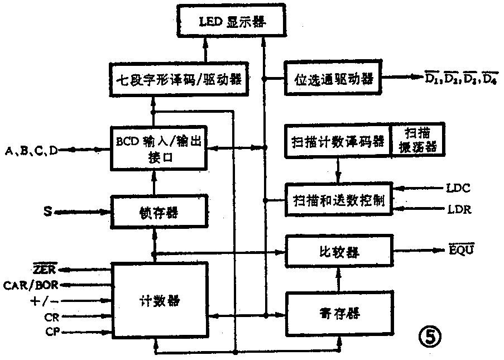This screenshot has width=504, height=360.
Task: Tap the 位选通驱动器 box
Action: [x=333, y=79]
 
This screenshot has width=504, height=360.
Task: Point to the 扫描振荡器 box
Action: [x=416, y=140]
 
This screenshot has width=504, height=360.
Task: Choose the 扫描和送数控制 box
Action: [x=338, y=200]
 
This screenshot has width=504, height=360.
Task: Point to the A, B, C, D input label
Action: [x=31, y=150]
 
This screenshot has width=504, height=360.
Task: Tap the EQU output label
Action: [x=461, y=249]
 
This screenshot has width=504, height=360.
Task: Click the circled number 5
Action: [x=430, y=335]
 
